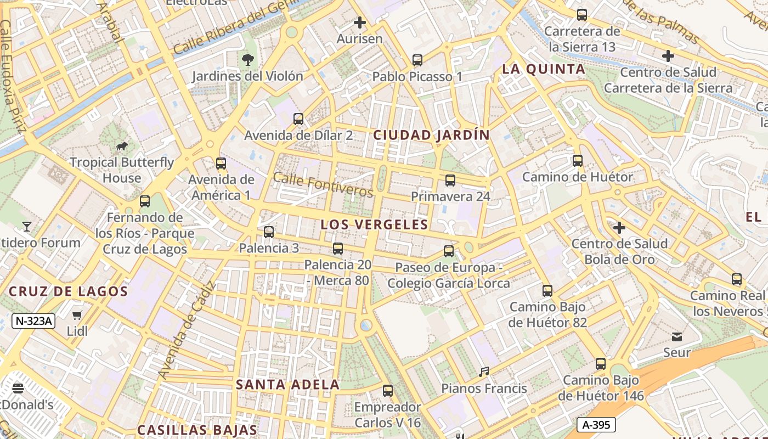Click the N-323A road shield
point(33,321)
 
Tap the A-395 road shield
point(596,424)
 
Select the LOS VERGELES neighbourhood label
point(374,224)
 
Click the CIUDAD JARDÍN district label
point(431,135)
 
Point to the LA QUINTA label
point(544,69)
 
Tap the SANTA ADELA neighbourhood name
point(287,385)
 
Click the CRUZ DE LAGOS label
point(69,291)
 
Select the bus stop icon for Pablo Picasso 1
point(417,60)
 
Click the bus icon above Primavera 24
point(450,180)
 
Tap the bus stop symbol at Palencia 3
point(269,232)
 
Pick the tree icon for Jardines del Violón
point(248,59)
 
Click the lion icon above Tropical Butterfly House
point(122,146)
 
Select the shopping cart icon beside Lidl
point(77,315)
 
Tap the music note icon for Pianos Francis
point(484,372)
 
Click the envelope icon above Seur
point(677,336)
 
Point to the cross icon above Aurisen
point(360,22)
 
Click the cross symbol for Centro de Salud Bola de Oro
point(619,227)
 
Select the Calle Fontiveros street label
point(323,185)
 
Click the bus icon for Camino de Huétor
point(578,161)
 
